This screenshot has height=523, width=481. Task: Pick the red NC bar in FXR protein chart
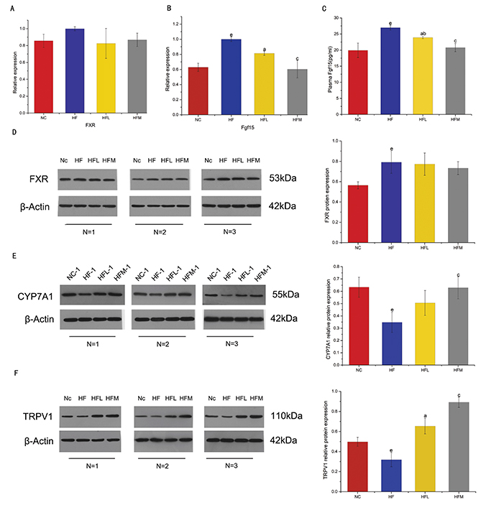[x=344, y=208]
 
